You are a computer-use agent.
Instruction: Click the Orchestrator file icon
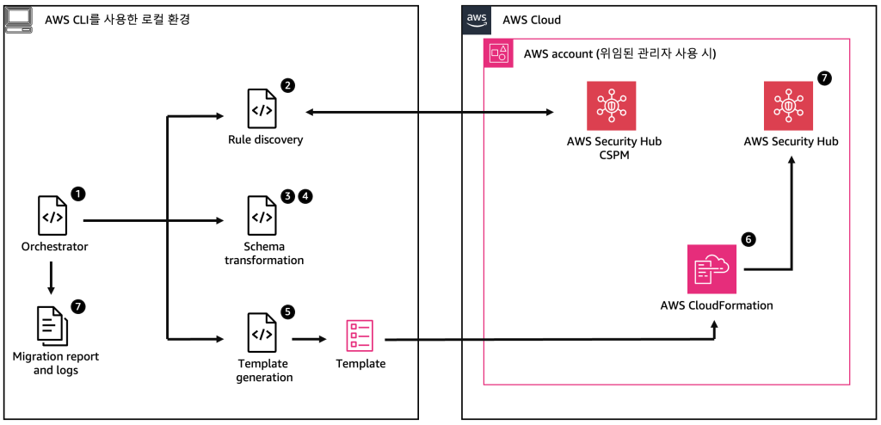53,216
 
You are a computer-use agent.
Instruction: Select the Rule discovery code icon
262,109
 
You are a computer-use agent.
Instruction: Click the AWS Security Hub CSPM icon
612,106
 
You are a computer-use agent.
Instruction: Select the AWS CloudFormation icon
712,269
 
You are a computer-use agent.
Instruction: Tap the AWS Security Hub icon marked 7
789,106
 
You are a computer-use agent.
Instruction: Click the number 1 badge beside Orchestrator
78,194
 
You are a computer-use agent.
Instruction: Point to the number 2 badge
287,86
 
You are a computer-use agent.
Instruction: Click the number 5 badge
287,311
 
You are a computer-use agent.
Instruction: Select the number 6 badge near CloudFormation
749,240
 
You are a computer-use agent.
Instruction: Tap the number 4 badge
305,195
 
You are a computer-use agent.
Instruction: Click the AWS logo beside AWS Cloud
476,18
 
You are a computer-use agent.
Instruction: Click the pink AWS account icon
498,53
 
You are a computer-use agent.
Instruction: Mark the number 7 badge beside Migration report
78,305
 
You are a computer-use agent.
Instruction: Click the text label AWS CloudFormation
716,305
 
